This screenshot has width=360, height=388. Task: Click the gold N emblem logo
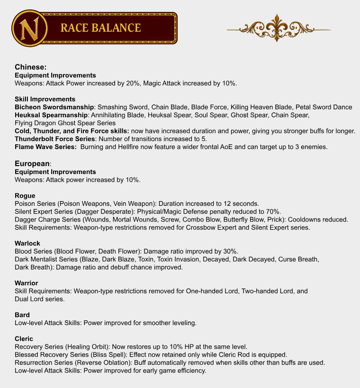point(28,28)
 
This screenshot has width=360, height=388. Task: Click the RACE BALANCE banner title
point(100,28)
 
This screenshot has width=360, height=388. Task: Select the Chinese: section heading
point(30,67)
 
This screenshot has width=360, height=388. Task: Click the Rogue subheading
point(25,195)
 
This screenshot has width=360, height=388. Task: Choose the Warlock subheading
point(27,243)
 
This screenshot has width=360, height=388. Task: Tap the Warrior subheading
point(27,283)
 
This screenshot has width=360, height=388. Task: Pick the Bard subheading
point(22,315)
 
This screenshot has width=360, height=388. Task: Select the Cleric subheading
point(24,339)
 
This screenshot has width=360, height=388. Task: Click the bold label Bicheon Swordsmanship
point(54,107)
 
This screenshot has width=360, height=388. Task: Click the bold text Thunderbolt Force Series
point(55,139)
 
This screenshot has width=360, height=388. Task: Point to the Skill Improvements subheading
point(45,99)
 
